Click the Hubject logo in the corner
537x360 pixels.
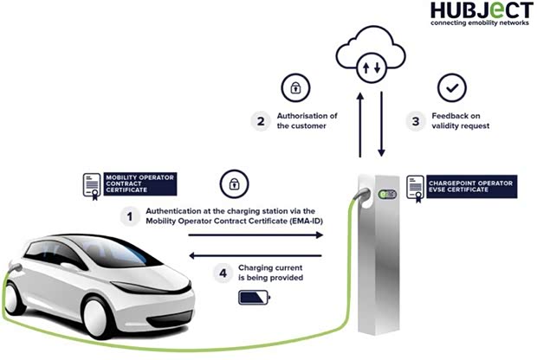click(x=482, y=14)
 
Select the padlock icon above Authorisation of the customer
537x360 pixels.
click(x=295, y=87)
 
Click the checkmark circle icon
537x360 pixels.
click(x=452, y=87)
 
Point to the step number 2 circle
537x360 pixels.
click(x=261, y=121)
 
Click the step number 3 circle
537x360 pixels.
click(x=416, y=121)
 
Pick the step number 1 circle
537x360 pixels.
click(x=130, y=216)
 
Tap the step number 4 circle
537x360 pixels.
click(x=223, y=273)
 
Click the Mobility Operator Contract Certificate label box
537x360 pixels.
click(x=140, y=183)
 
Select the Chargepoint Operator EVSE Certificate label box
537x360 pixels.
click(x=471, y=187)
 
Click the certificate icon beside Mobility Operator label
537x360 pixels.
click(x=92, y=186)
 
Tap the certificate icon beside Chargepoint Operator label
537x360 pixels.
click(x=416, y=189)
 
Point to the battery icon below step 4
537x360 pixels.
click(x=254, y=298)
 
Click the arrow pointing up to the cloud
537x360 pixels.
click(x=360, y=125)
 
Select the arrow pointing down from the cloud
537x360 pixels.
click(x=381, y=124)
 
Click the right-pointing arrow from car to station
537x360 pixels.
click(x=256, y=235)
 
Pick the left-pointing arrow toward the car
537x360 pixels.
click(x=256, y=255)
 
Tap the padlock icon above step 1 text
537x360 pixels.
click(x=234, y=183)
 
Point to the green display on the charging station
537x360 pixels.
click(x=387, y=195)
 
